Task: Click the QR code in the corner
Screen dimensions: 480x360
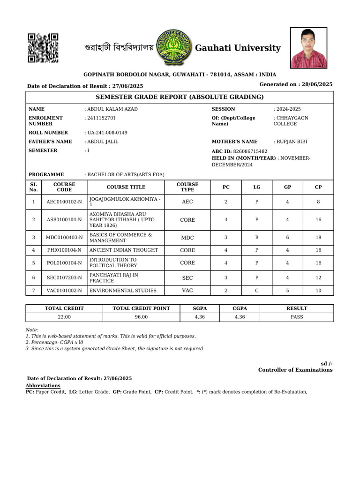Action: click(43, 48)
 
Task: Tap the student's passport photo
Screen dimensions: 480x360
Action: click(308, 48)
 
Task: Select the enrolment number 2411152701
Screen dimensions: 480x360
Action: click(101, 118)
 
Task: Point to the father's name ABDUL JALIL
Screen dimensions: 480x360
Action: click(102, 142)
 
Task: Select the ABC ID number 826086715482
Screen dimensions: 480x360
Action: click(250, 151)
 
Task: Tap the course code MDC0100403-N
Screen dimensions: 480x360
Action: click(64, 238)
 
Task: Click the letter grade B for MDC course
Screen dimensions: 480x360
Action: click(257, 238)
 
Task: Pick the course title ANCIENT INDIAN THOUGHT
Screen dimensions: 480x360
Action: click(124, 250)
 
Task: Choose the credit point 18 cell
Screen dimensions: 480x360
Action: click(318, 238)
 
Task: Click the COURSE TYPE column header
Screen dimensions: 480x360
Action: click(187, 187)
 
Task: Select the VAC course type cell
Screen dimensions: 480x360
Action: click(187, 291)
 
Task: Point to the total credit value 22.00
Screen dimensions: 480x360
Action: click(64, 317)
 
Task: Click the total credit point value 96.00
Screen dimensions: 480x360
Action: click(141, 317)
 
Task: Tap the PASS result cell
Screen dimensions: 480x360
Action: click(296, 317)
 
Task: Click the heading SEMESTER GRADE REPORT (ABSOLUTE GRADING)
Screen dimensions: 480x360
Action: click(180, 97)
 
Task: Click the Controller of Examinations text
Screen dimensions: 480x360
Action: click(295, 370)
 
